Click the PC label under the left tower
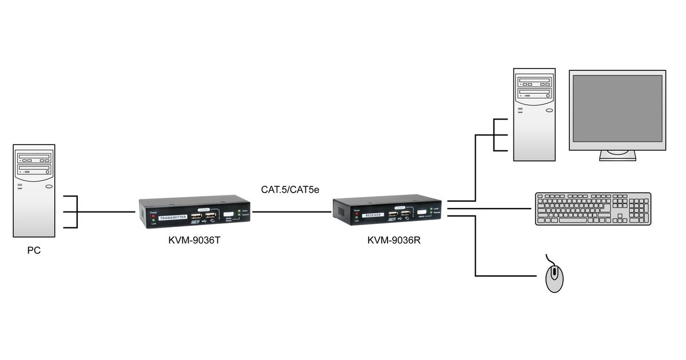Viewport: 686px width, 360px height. click(x=34, y=250)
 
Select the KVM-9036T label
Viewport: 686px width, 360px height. click(x=194, y=240)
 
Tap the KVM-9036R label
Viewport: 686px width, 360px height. click(x=394, y=240)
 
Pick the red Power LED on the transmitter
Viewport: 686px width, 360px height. click(x=153, y=217)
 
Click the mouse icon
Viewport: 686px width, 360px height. click(x=554, y=278)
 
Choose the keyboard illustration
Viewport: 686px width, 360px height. click(x=593, y=209)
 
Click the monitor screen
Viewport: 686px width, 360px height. click(x=617, y=108)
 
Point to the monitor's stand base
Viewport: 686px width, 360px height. click(x=617, y=157)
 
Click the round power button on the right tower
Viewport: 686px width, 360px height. click(x=549, y=110)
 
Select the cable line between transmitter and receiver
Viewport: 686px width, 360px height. click(x=292, y=211)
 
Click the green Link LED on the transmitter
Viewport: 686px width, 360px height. click(x=153, y=223)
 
